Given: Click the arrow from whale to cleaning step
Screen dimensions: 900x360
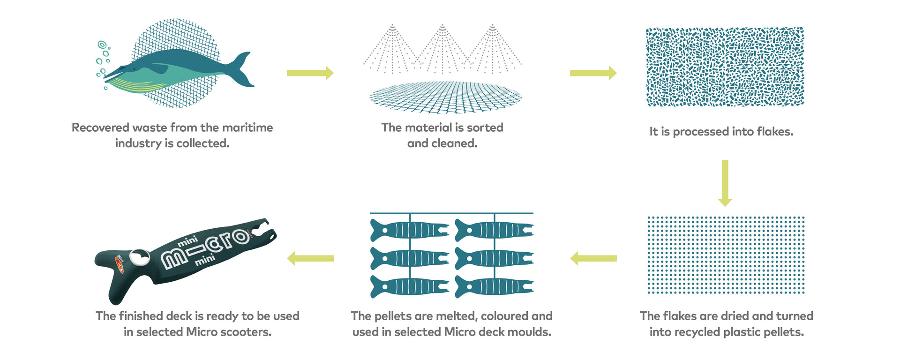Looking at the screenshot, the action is (x=310, y=73).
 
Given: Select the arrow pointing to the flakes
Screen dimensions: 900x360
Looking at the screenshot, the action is (x=593, y=73).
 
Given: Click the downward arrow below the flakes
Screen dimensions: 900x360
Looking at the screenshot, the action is (x=725, y=183).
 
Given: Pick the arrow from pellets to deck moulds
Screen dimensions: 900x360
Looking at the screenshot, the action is (x=593, y=258).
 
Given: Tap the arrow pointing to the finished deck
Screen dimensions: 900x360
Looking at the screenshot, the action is (x=310, y=258).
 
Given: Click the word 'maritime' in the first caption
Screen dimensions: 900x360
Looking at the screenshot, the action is (x=247, y=127).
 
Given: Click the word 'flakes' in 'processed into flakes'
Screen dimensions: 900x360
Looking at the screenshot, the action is (x=775, y=132).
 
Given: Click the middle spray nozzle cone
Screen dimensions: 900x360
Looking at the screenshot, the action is (x=442, y=49).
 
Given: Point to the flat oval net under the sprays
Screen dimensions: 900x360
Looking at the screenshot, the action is (x=445, y=97).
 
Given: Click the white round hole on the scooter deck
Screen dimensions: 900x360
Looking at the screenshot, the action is (x=139, y=257).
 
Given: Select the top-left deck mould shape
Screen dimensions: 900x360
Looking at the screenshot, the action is (x=410, y=230).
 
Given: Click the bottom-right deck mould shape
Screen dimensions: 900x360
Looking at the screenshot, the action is (x=494, y=287).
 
